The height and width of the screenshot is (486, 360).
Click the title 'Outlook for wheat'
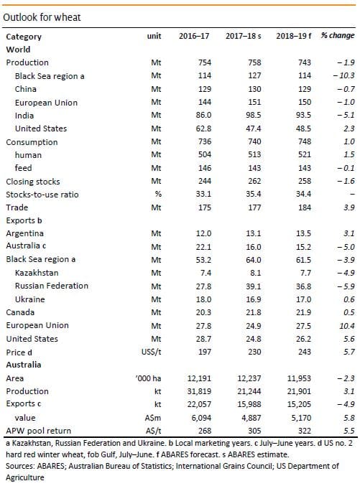(x=42, y=17)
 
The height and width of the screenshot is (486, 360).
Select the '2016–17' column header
(x=194, y=36)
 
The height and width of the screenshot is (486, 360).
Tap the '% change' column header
(x=338, y=36)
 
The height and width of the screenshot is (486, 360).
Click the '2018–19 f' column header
(x=294, y=36)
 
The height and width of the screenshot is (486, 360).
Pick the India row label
(x=24, y=116)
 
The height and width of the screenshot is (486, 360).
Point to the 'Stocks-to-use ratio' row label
(x=42, y=195)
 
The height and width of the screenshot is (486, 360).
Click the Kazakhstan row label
(x=37, y=273)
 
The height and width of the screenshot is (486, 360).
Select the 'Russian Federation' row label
(x=52, y=286)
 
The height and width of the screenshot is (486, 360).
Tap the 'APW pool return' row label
(x=39, y=431)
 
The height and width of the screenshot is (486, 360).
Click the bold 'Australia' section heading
(x=24, y=365)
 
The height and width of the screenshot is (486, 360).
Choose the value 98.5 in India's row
(x=253, y=116)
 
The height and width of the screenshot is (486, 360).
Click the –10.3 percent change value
(x=344, y=75)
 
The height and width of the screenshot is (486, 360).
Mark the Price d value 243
(x=304, y=352)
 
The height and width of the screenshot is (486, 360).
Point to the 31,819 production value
(x=199, y=391)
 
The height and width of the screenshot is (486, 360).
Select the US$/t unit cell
(x=151, y=352)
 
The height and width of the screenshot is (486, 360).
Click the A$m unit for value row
(x=153, y=418)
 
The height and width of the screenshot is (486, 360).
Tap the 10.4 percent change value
(x=349, y=326)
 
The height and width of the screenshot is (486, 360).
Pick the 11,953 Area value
(x=299, y=378)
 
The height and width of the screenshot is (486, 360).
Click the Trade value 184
(x=304, y=207)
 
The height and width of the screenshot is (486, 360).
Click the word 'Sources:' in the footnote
(x=20, y=466)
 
